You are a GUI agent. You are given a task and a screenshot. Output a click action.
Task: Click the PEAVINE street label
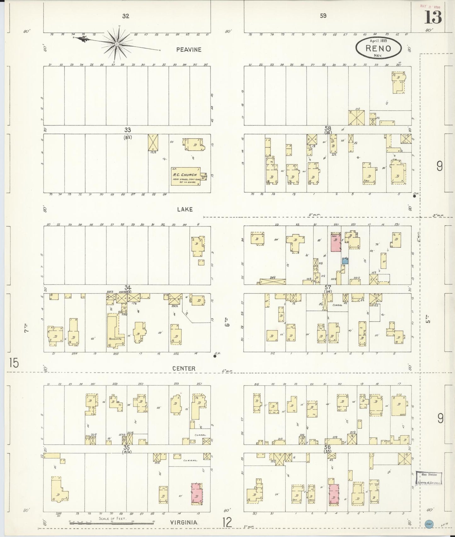tap(189, 49)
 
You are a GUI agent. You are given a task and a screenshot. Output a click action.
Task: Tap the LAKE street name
tap(185, 209)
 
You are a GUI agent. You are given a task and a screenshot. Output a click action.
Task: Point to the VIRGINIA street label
tap(184, 522)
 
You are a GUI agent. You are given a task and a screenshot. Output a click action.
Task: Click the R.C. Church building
tap(185, 176)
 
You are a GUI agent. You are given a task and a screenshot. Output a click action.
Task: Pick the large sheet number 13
tap(433, 17)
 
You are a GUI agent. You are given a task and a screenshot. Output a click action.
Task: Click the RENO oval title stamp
tap(378, 48)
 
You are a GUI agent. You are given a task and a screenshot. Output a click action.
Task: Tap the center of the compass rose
tap(117, 44)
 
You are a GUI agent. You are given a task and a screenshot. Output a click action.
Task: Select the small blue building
tap(345, 260)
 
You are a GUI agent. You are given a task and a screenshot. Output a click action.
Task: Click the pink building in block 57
tap(336, 242)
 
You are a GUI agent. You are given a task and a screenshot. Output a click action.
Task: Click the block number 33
tap(127, 130)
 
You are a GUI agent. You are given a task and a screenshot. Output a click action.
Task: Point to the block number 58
tap(328, 128)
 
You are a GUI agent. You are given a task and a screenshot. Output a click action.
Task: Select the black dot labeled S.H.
tap(215, 356)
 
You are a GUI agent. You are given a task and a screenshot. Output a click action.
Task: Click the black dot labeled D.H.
tap(414, 196)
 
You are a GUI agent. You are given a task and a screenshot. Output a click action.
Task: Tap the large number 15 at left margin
tap(14, 363)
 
